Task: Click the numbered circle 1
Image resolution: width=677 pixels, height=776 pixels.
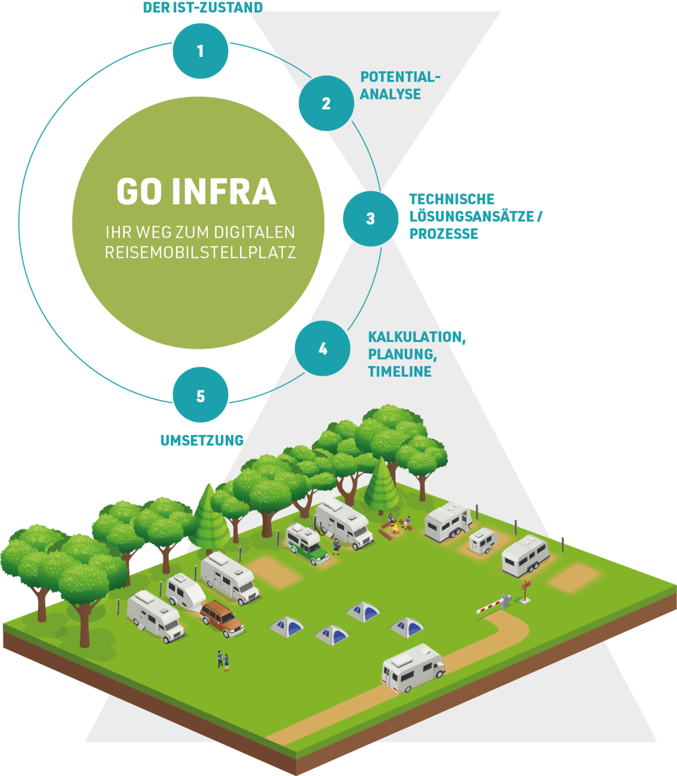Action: pos(200,51)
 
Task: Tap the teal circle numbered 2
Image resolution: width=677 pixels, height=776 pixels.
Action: pos(326,103)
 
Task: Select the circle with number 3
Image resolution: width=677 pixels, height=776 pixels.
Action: pos(370,218)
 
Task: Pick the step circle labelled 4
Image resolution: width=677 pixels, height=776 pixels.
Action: pos(323,348)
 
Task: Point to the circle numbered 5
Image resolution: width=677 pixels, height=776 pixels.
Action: pos(200,396)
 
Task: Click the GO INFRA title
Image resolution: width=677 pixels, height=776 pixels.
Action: pos(196,191)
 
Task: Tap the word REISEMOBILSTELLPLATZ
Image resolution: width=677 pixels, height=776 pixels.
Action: pos(200,252)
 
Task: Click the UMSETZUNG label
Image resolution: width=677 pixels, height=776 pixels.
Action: pos(202,440)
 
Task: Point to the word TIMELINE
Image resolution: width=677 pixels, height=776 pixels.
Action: pos(399,372)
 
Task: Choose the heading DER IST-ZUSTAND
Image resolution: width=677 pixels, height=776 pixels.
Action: pos(203,7)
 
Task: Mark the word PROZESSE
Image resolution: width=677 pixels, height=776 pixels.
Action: pos(443,233)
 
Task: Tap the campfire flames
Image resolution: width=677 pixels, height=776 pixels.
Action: pos(395,531)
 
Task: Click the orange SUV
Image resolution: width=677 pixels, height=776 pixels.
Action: pos(222,618)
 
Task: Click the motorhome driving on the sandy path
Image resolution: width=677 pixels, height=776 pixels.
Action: pos(413,668)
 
